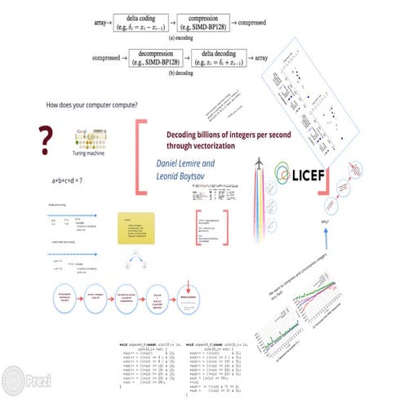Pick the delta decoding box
tap(239, 60)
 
